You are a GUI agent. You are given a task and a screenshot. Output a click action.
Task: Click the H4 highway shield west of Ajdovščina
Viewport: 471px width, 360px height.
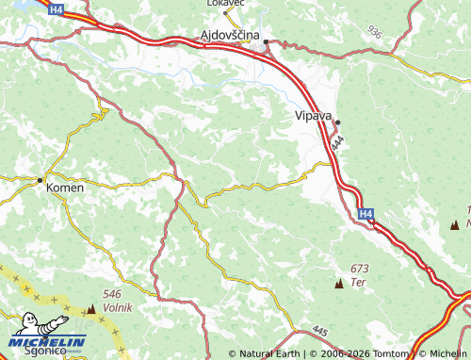tap(57, 8)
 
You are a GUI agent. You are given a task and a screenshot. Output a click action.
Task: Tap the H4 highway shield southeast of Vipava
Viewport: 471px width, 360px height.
tap(366, 215)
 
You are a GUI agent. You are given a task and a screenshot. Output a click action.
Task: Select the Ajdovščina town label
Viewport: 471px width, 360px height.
tap(230, 35)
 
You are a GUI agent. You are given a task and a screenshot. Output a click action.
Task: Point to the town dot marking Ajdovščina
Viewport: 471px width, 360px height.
tap(267, 42)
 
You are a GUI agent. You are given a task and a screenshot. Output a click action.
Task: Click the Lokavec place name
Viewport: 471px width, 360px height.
tap(226, 4)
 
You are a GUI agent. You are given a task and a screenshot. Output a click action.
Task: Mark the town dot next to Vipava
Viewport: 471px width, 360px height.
tap(337, 123)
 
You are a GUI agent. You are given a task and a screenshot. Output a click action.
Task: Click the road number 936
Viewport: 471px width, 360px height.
tap(376, 32)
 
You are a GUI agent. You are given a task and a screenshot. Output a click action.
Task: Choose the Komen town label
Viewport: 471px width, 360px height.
tap(65, 188)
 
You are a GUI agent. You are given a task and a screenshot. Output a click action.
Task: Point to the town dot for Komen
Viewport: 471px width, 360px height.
tap(40, 180)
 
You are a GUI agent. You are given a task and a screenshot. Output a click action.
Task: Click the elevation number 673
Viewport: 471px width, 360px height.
tap(358, 270)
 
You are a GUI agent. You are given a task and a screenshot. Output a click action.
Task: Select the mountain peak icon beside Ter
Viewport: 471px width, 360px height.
tap(338, 283)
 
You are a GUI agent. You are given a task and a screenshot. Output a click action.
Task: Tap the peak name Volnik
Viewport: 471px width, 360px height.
tap(119, 307)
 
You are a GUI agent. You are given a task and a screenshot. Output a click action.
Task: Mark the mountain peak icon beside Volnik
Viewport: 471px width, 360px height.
tap(91, 308)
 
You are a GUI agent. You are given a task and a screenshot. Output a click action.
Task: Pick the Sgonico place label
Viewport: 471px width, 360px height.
tap(45, 350)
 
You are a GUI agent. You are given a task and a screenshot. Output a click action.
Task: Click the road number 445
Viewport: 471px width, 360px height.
tap(319, 331)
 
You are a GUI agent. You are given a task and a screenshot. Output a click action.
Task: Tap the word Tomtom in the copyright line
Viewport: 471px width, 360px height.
tap(392, 354)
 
